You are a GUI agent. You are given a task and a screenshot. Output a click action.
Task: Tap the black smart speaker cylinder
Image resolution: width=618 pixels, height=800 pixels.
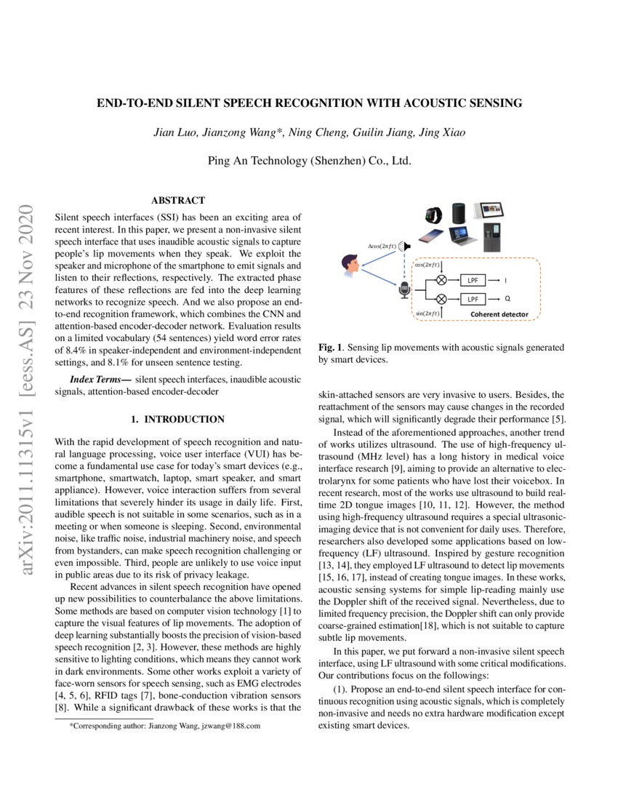[x=459, y=214]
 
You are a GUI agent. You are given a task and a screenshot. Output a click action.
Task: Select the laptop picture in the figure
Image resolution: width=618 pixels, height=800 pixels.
[x=463, y=236]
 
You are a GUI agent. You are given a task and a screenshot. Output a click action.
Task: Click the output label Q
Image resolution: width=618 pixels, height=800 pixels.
[x=507, y=299]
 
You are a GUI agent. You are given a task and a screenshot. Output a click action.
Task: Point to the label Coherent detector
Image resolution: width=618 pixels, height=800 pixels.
[x=499, y=314]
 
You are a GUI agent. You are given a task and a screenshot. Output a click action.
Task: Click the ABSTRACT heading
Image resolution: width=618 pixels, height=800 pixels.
[x=177, y=200]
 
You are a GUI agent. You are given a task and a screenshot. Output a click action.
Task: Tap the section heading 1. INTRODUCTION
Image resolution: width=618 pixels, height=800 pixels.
[x=177, y=420]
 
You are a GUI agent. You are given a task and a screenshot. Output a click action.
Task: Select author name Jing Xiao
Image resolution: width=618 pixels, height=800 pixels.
[x=446, y=132]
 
